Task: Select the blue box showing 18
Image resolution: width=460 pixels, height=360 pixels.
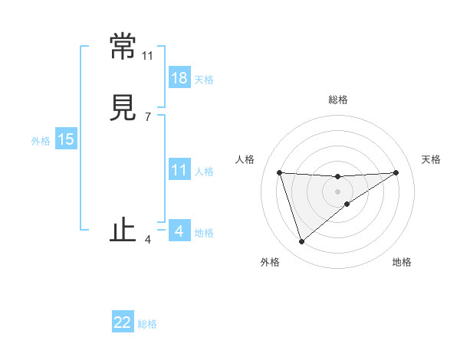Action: click(179, 78)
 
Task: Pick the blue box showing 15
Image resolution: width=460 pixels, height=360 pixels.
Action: click(65, 139)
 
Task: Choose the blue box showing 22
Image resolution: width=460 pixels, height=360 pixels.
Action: click(123, 322)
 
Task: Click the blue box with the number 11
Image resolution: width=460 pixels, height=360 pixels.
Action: click(179, 170)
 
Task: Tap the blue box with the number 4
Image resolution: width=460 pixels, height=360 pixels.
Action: click(179, 231)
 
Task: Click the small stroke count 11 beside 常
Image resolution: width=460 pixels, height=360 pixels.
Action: click(147, 56)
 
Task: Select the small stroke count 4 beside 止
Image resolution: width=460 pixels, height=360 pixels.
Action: click(147, 240)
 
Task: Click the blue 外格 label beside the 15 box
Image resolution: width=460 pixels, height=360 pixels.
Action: click(41, 140)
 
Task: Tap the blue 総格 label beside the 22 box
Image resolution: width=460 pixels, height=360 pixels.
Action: click(147, 324)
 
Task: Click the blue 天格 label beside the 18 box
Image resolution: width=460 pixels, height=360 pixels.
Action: click(204, 80)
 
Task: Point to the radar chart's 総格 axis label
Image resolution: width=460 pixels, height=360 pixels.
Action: click(337, 100)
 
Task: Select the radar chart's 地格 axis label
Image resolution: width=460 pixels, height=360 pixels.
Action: click(402, 262)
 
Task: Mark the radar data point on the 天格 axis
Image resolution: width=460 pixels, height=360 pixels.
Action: click(396, 172)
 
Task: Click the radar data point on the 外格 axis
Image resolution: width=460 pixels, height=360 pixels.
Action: click(301, 242)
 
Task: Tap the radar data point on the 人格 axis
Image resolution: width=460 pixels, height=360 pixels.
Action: click(279, 172)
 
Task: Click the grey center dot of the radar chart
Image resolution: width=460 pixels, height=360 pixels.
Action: click(337, 191)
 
